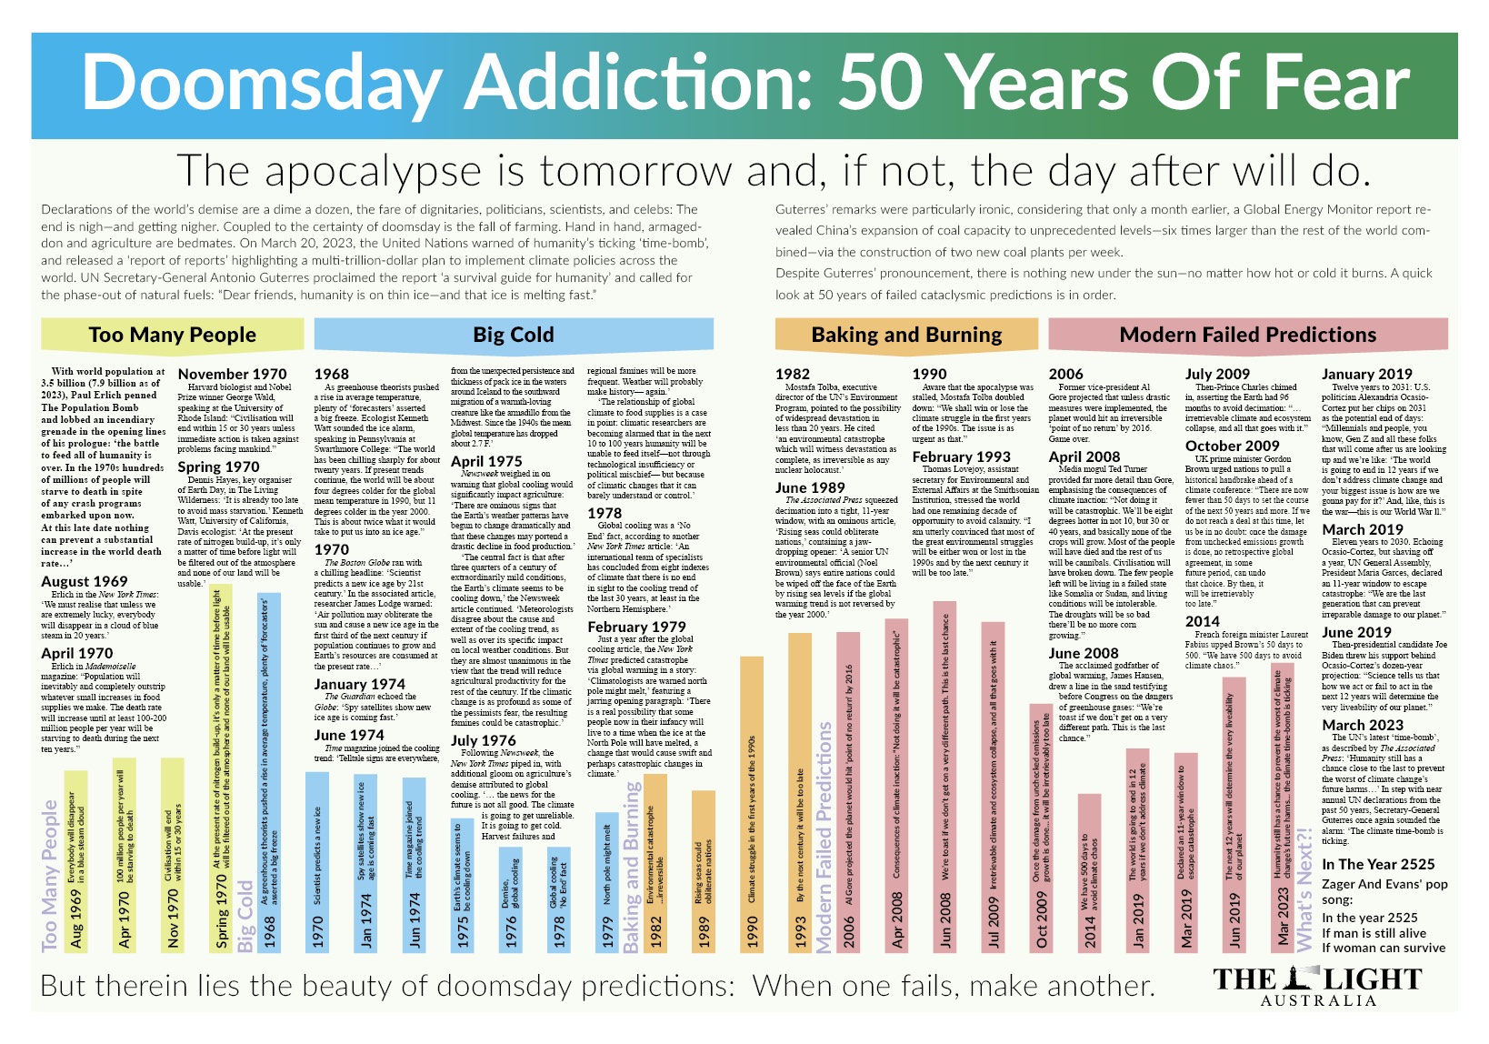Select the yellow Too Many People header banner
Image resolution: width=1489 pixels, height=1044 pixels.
pos(173,335)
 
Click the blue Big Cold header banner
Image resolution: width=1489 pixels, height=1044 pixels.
pos(513,335)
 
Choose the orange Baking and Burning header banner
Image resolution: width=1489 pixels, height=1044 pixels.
pos(906,335)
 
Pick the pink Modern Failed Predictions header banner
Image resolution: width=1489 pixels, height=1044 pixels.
pos(1247,335)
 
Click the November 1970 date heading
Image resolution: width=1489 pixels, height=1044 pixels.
pos(232,374)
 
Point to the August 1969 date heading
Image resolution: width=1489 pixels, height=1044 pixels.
pos(85,581)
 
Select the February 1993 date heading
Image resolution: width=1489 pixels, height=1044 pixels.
pos(961,457)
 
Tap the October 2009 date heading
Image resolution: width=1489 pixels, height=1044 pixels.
pos(1232,446)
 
